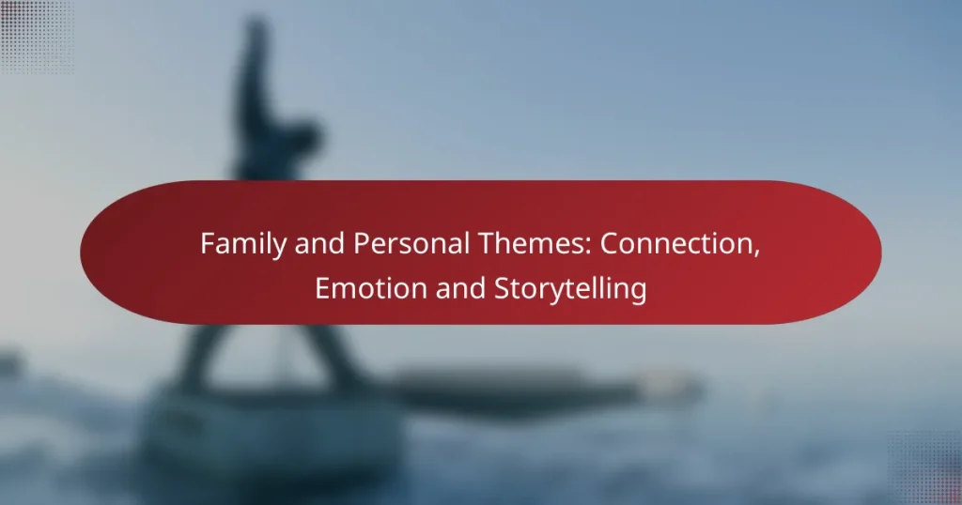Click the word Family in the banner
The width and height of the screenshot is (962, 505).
(242, 245)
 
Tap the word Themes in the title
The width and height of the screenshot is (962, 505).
(531, 243)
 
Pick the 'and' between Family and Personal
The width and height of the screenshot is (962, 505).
(319, 243)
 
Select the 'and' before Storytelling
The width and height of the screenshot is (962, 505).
(460, 288)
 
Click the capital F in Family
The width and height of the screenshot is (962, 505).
(208, 243)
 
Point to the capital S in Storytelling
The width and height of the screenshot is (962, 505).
(502, 289)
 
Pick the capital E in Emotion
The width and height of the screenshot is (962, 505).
(323, 289)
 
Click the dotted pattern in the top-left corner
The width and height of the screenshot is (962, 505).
(37, 37)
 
